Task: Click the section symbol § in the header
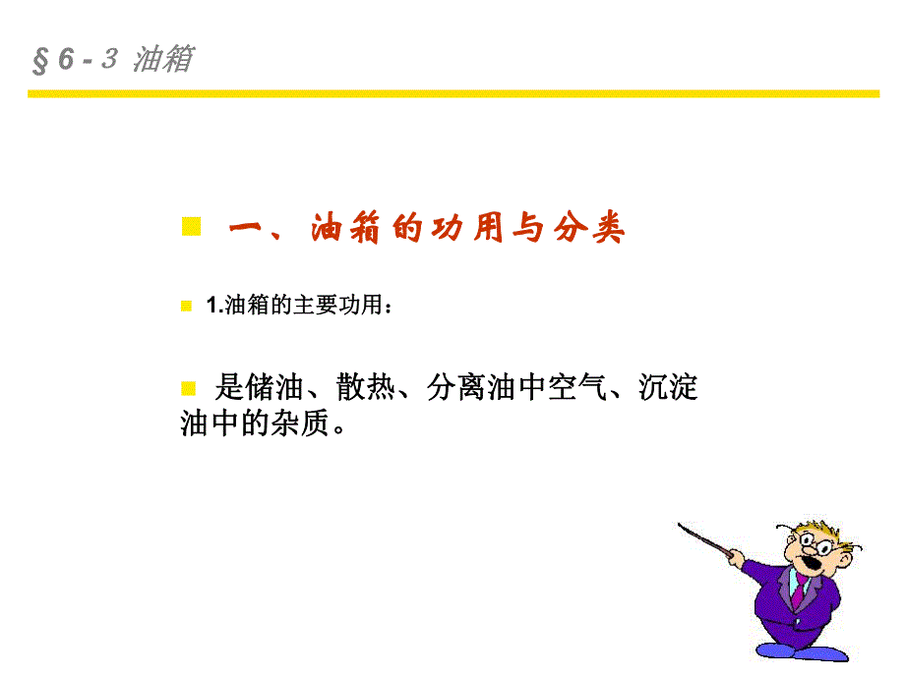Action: (x=40, y=61)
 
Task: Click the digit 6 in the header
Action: (x=66, y=60)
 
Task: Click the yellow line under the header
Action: (x=452, y=94)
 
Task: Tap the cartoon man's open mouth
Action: (x=817, y=563)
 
